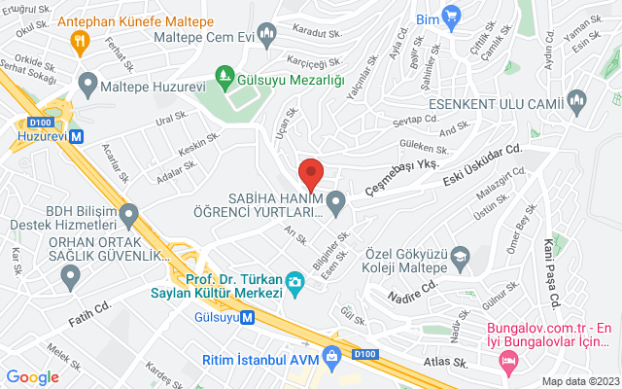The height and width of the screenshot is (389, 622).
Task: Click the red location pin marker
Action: coord(310,173)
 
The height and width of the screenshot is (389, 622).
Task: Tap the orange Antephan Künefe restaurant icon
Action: coord(80,41)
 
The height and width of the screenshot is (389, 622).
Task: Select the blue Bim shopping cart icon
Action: coord(450,17)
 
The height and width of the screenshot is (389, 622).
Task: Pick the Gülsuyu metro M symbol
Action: coord(248,316)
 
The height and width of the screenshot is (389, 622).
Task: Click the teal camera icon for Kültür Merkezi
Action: coord(294,282)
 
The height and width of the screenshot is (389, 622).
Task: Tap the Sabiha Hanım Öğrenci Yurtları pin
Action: coord(336,203)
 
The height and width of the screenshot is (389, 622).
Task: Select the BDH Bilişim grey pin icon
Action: coord(128,213)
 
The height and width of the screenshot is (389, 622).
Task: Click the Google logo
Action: coord(33,377)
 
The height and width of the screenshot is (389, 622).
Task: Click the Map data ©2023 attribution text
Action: coord(579,380)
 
